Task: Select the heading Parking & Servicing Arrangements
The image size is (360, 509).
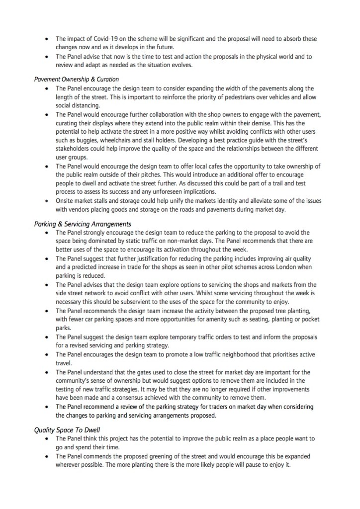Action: (x=82, y=224)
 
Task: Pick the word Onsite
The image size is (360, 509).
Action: (x=66, y=201)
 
